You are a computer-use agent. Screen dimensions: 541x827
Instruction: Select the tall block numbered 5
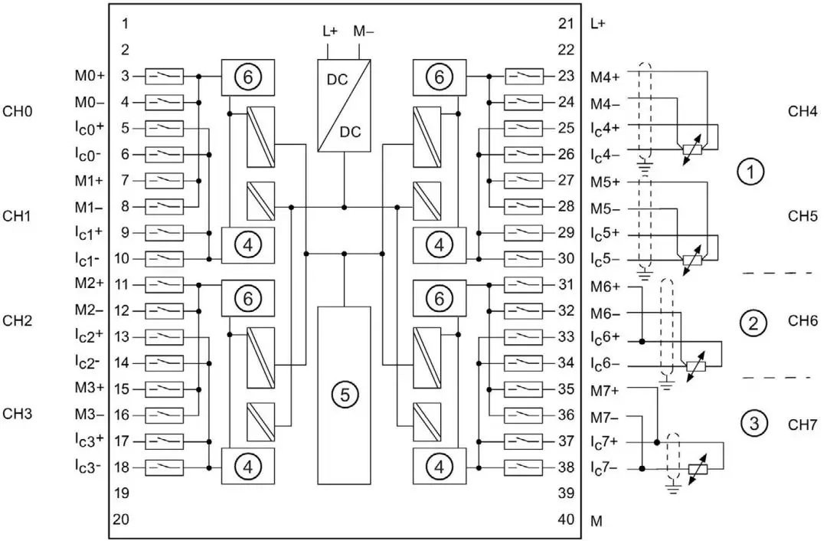(344, 395)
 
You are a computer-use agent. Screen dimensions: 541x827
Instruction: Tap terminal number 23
(567, 77)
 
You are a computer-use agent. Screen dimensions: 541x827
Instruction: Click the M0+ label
(90, 77)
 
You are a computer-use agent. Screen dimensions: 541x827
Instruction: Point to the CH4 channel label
(803, 111)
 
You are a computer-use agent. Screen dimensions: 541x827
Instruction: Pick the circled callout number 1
(750, 172)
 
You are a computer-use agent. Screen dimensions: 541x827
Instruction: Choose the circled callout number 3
(754, 422)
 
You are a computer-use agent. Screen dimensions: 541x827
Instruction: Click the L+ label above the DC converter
(329, 31)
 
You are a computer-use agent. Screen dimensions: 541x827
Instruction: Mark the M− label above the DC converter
(364, 31)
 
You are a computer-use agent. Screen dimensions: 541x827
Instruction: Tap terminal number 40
(567, 520)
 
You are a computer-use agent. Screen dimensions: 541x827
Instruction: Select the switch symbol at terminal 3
(164, 77)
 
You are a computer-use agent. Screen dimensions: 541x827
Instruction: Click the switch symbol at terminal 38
(525, 468)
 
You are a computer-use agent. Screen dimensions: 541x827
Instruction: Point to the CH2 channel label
(17, 320)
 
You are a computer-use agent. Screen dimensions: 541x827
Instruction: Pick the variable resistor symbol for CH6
(694, 366)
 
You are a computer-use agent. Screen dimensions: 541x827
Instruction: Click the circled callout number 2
(753, 323)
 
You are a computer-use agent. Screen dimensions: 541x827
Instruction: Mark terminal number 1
(125, 24)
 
